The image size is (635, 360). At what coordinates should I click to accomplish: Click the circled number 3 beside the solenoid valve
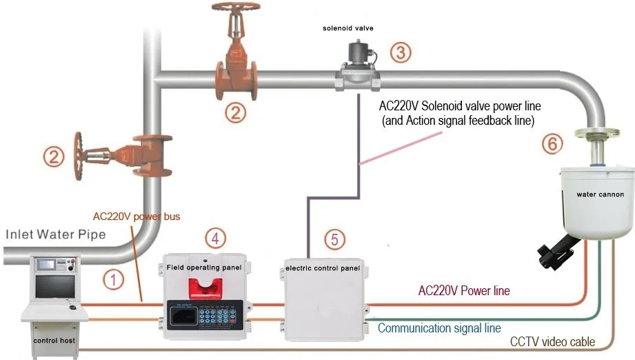(401, 52)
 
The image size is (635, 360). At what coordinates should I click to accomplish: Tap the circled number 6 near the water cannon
(552, 143)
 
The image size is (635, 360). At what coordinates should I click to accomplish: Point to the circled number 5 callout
(334, 239)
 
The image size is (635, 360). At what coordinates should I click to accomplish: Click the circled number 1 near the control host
(112, 279)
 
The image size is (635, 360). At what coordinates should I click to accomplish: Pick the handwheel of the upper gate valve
(236, 10)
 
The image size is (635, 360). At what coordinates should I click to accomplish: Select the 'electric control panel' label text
(326, 267)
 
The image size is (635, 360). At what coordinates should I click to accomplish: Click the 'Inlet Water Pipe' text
(55, 234)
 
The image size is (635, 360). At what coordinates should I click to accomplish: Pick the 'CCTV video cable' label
(552, 342)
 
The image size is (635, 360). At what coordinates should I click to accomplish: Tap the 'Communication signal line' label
(439, 328)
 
